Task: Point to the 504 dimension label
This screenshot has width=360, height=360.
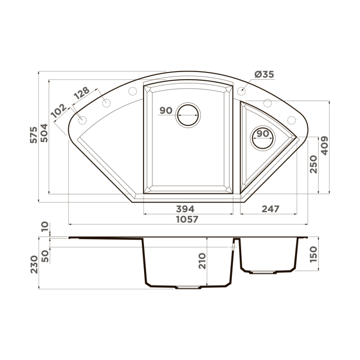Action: click(45, 136)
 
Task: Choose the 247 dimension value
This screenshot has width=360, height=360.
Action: click(270, 209)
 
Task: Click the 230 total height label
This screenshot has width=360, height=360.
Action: click(34, 263)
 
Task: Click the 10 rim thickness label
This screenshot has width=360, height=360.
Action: click(45, 226)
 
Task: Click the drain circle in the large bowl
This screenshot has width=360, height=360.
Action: click(187, 115)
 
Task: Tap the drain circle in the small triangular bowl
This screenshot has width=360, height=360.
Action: click(262, 137)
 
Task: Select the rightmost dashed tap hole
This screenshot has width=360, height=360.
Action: click(292, 120)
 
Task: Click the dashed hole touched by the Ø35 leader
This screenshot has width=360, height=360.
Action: click(242, 92)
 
